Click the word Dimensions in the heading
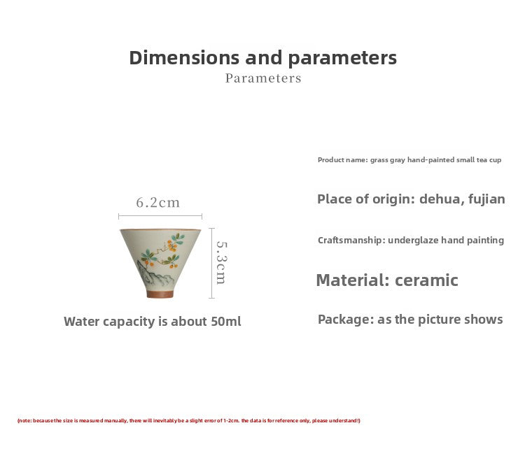pyautogui.click(x=184, y=57)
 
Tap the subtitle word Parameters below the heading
pyautogui.click(x=263, y=78)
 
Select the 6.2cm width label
pyautogui.click(x=158, y=202)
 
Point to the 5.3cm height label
pyautogui.click(x=221, y=263)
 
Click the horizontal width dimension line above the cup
pyautogui.click(x=160, y=216)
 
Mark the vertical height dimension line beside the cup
pyautogui.click(x=211, y=263)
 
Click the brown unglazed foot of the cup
pyautogui.click(x=160, y=294)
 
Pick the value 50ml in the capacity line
pyautogui.click(x=226, y=322)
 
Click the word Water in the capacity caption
pyautogui.click(x=82, y=322)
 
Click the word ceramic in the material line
pyautogui.click(x=426, y=280)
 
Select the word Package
pyautogui.click(x=346, y=320)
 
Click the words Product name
pyautogui.click(x=342, y=160)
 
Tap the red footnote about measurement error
pyautogui.click(x=189, y=420)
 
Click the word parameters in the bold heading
pyautogui.click(x=342, y=59)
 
